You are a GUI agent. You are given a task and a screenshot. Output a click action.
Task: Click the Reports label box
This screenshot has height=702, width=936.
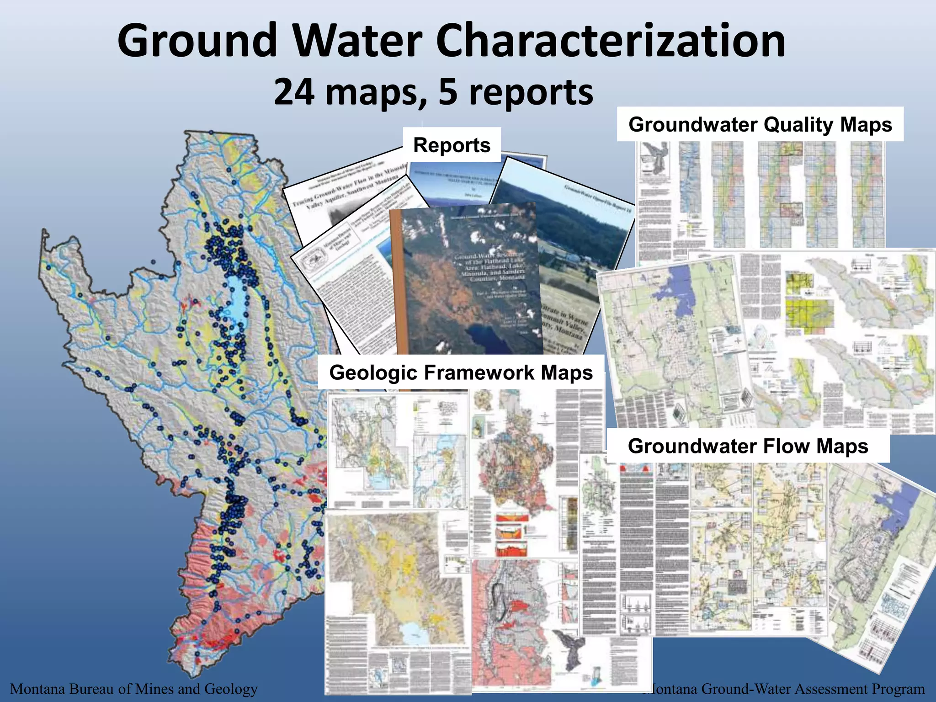tap(452, 145)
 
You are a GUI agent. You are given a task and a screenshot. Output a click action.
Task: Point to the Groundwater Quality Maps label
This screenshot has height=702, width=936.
tap(760, 124)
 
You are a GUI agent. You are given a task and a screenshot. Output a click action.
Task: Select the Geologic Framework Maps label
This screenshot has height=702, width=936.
tap(461, 372)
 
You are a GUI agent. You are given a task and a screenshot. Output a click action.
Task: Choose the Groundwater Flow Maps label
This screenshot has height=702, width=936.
tap(748, 446)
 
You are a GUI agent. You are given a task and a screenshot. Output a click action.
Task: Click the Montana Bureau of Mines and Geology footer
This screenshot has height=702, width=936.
tap(134, 688)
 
